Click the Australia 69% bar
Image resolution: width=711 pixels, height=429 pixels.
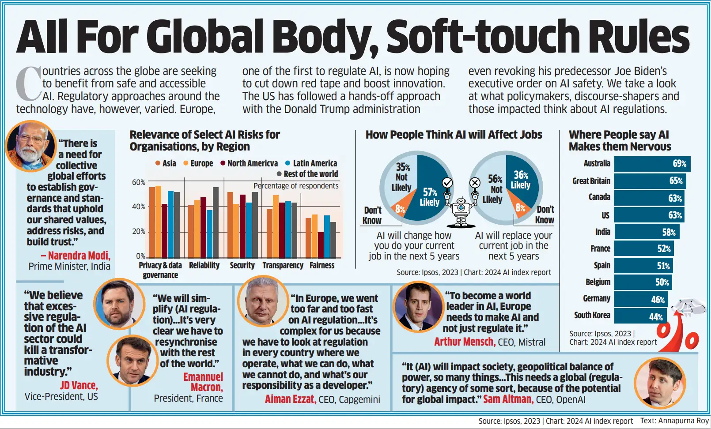pyautogui.click(x=652, y=164)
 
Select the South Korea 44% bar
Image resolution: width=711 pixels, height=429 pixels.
pyautogui.click(x=640, y=316)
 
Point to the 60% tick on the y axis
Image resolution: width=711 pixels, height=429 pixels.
pyautogui.click(x=138, y=182)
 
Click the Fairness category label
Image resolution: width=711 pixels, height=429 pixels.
pyautogui.click(x=322, y=265)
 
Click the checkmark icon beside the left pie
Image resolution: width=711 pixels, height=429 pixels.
pyautogui.click(x=447, y=182)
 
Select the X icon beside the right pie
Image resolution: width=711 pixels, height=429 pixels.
pyautogui.click(x=475, y=182)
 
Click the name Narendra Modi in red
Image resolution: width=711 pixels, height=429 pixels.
pyautogui.click(x=79, y=256)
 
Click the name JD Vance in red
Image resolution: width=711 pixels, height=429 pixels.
pyautogui.click(x=79, y=385)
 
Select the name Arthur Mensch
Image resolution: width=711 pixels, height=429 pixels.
pyautogui.click(x=464, y=342)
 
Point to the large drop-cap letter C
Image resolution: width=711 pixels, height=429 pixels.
pyautogui.click(x=28, y=84)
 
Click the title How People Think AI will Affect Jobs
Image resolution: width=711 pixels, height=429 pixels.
pyautogui.click(x=454, y=135)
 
